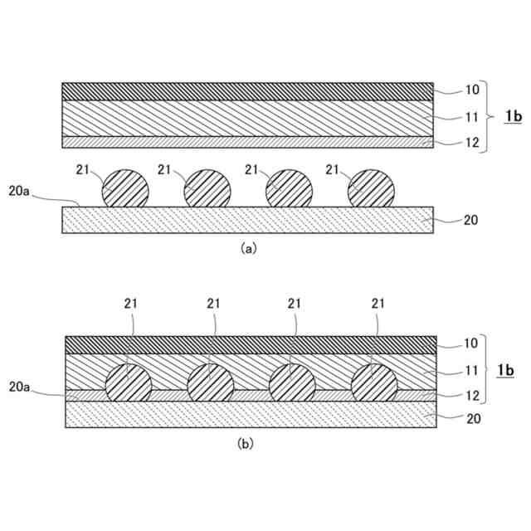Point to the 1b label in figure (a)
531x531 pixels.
514,117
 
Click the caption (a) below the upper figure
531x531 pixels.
247,247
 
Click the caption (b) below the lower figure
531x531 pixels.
246,444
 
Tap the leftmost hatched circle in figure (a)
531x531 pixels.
125,189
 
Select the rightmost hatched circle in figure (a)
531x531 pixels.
371,189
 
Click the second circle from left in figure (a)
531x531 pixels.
207,189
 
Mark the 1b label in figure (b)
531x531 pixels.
514,370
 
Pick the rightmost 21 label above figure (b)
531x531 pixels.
378,304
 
